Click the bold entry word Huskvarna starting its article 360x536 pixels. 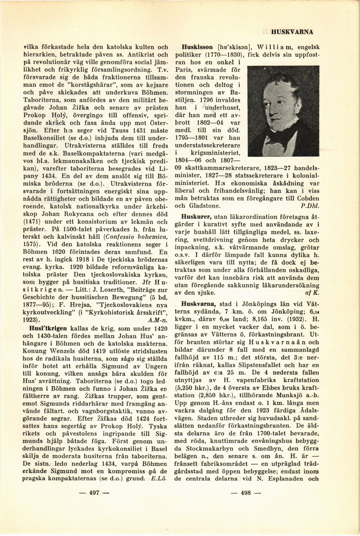pos(197,303)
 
